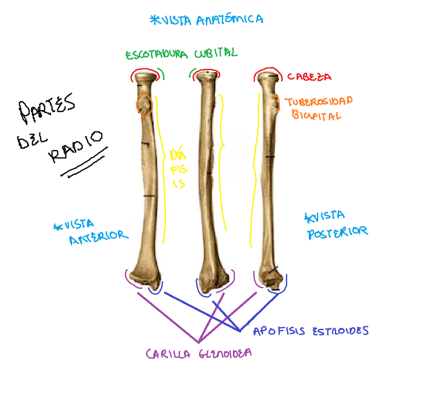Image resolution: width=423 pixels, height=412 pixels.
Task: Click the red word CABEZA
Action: tap(309, 77)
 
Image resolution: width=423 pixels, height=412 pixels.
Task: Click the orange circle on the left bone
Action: tap(144, 105)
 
